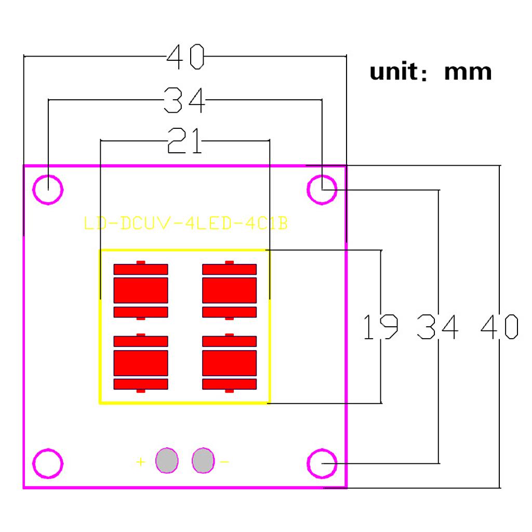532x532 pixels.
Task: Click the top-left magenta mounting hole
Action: (48, 188)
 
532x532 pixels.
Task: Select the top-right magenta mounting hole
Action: (323, 189)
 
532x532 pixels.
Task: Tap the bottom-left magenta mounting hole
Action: (48, 462)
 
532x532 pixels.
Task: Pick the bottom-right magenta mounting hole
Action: (323, 462)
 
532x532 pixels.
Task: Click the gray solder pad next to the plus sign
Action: (167, 460)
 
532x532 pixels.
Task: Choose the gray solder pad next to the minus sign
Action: (203, 460)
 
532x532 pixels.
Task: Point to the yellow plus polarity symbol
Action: (140, 461)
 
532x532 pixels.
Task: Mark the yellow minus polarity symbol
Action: (224, 461)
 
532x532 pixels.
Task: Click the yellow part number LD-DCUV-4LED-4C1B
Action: (186, 223)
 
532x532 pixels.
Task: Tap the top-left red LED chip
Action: (141, 290)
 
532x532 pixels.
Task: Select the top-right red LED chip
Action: (229, 290)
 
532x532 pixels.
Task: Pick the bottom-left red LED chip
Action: (141, 363)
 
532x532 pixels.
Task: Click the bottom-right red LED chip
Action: (229, 363)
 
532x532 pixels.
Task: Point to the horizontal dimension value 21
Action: (185, 141)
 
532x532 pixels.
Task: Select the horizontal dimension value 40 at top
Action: (185, 57)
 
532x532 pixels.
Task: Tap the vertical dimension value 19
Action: (381, 326)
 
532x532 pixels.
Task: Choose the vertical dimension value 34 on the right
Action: (438, 326)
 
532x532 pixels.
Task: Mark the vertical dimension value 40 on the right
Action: (499, 326)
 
